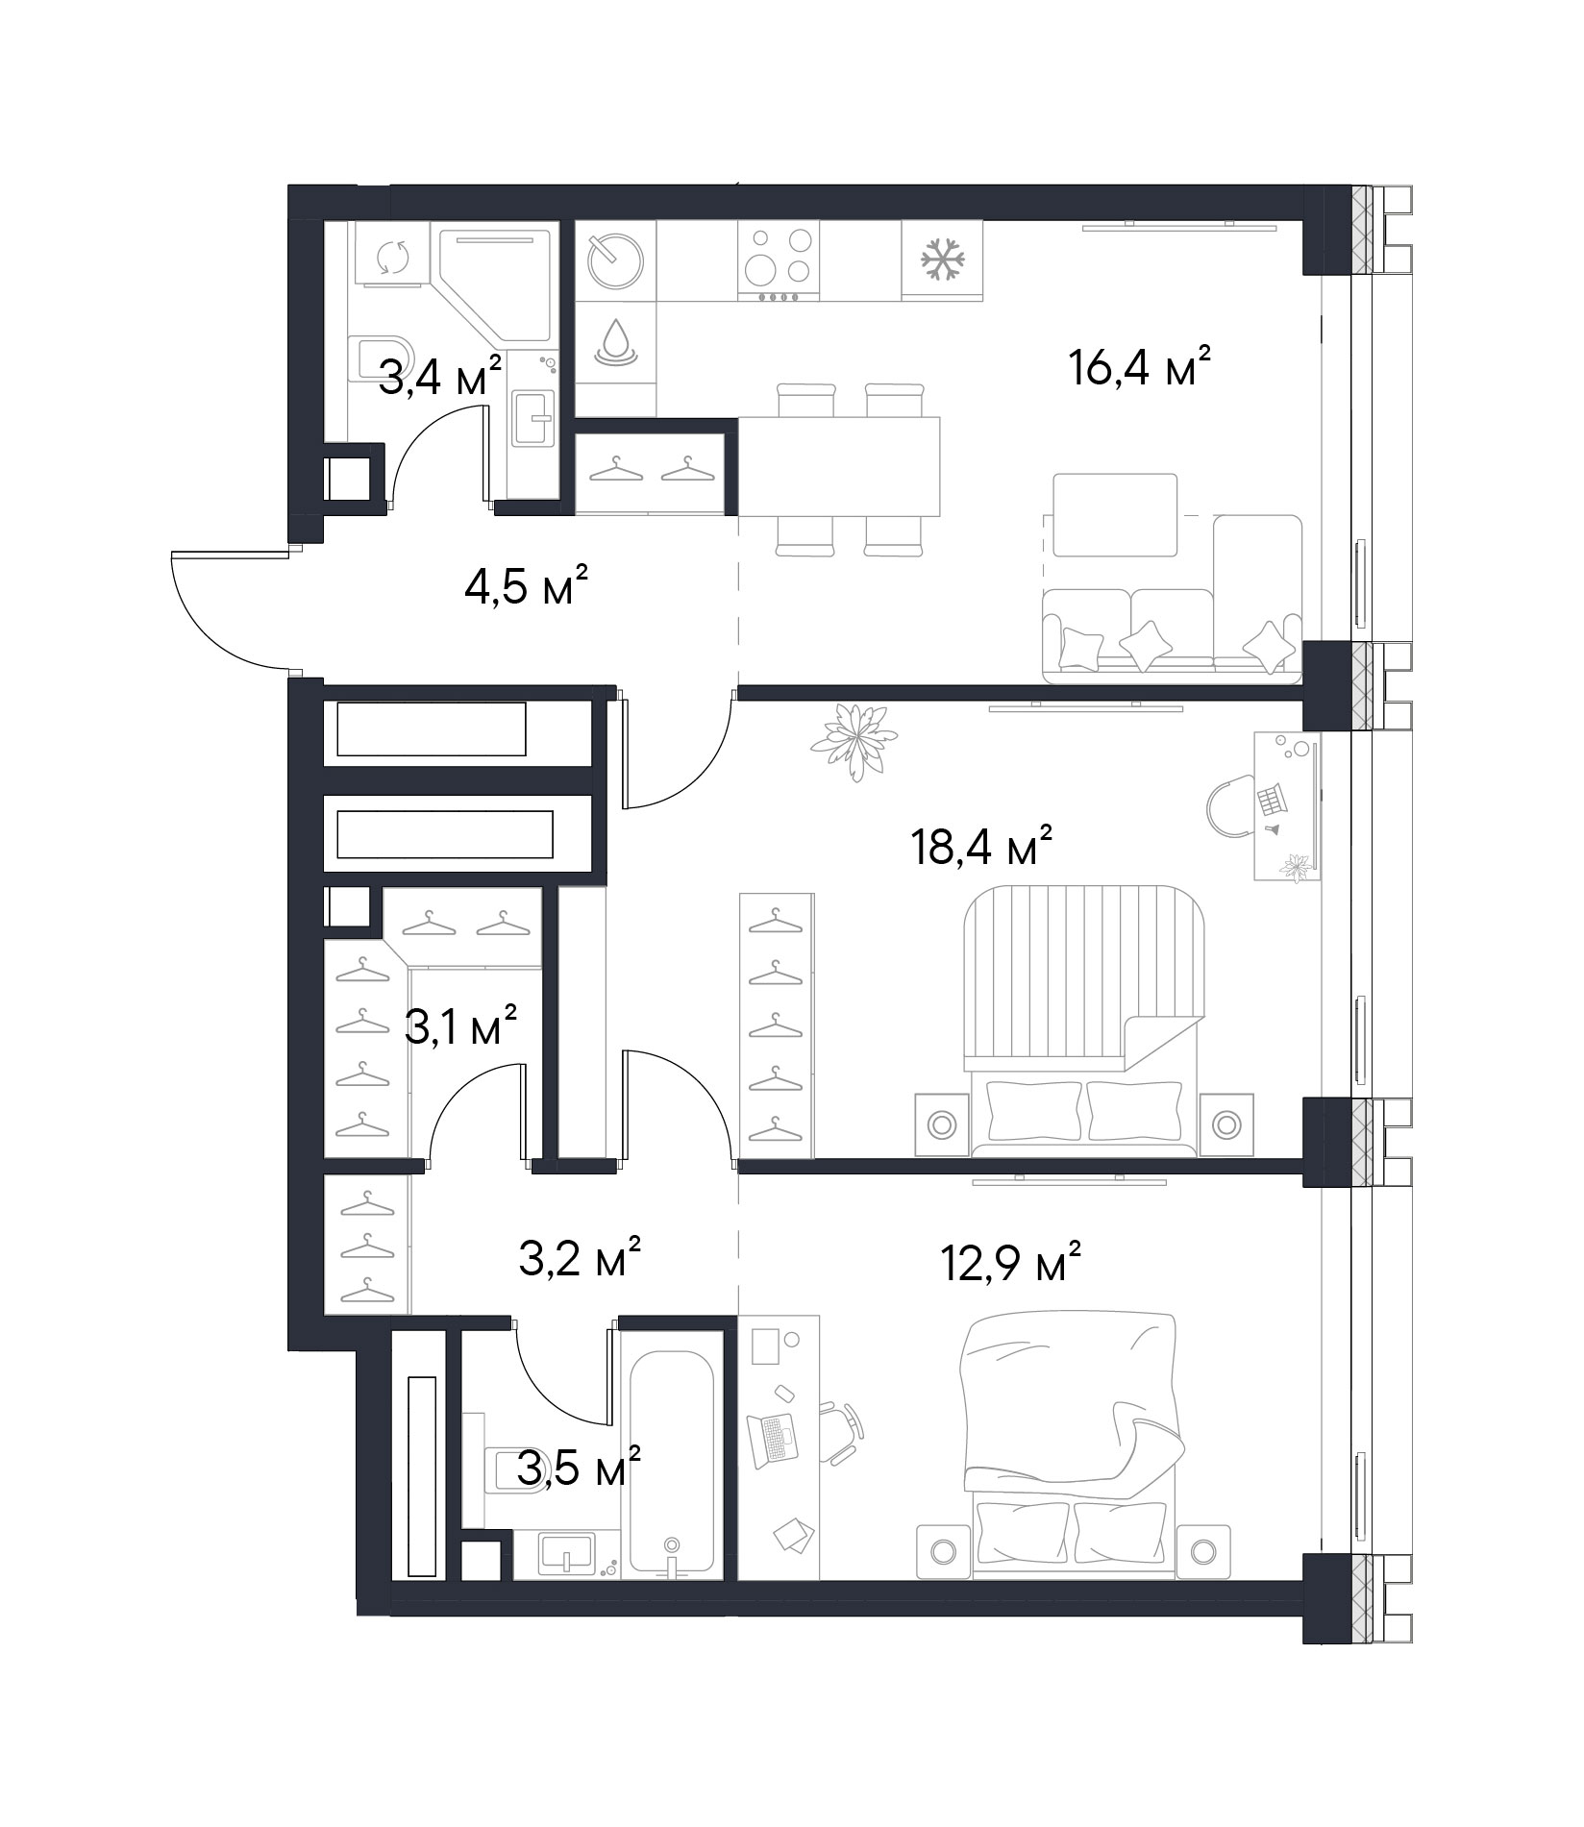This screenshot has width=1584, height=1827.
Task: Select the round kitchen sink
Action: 615,260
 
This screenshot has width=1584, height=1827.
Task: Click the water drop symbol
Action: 615,341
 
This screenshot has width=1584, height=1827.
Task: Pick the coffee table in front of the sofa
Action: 1115,515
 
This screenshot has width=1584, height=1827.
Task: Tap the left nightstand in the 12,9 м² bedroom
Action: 943,1552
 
